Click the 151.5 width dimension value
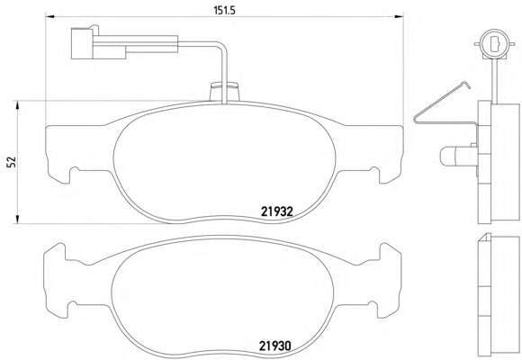[224, 10]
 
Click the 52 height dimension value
[12, 162]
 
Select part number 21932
[276, 211]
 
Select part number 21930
[275, 346]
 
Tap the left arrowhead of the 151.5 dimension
[49, 16]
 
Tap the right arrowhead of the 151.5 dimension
[399, 16]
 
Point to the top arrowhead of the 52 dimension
[17, 105]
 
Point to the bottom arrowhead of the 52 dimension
[17, 219]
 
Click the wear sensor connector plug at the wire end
[98, 43]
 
